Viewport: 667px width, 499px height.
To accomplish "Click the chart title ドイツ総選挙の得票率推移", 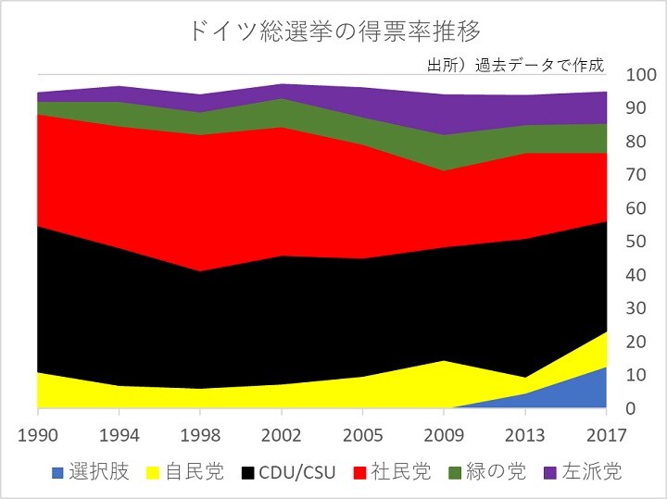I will coord(333,31).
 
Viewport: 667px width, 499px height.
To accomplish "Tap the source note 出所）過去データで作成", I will coord(515,66).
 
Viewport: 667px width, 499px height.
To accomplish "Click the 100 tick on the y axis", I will coord(641,75).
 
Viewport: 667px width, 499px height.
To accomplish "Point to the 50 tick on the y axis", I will coord(637,242).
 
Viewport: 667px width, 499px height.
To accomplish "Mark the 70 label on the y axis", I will coord(637,175).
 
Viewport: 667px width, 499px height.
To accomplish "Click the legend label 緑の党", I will coord(497,472).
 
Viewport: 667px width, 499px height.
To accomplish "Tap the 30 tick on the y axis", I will coord(637,308).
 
